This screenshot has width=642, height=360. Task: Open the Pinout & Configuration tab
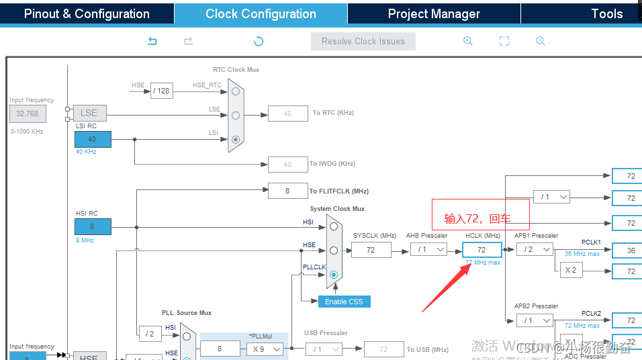click(x=87, y=13)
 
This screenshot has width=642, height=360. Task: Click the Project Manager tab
click(x=434, y=13)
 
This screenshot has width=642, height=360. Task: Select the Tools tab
click(x=606, y=13)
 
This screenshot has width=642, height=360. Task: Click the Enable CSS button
click(x=344, y=302)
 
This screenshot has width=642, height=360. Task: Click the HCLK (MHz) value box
click(x=481, y=250)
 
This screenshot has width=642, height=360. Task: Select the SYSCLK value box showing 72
click(x=371, y=250)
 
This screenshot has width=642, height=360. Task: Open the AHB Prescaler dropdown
click(x=428, y=250)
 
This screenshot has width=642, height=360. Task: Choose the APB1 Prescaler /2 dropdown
click(x=535, y=250)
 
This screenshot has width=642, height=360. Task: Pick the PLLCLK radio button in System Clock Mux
click(x=333, y=275)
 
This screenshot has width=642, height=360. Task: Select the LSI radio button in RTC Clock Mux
click(x=236, y=140)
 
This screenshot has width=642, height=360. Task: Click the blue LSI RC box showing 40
click(x=93, y=140)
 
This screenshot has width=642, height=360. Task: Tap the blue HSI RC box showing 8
click(x=93, y=226)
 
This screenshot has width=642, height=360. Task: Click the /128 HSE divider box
click(x=161, y=91)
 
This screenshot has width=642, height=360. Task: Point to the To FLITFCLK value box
click(x=287, y=191)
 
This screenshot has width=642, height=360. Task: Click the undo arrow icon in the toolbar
click(x=152, y=42)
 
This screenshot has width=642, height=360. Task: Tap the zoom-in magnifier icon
click(x=468, y=41)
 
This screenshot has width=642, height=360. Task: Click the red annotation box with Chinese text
click(x=480, y=215)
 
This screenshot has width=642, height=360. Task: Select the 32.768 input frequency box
click(x=28, y=114)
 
